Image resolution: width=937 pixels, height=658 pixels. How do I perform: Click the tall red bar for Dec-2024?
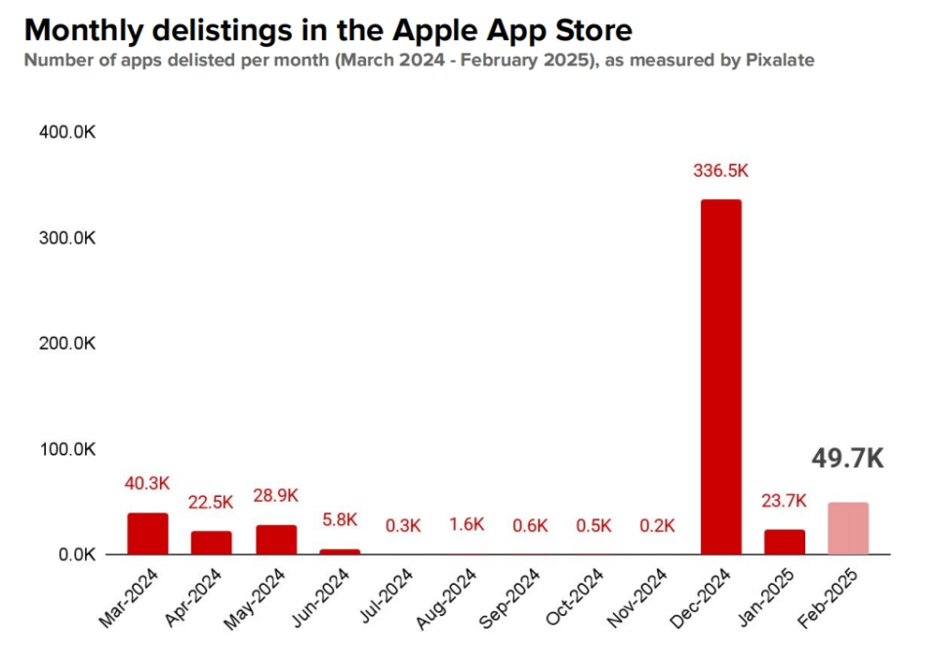(x=720, y=377)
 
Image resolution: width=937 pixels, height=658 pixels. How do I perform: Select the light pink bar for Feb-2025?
(x=847, y=528)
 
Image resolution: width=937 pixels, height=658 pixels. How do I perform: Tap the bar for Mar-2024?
(x=147, y=533)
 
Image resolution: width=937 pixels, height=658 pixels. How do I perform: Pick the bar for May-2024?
(x=276, y=539)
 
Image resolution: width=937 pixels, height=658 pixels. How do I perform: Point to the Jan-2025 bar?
(x=785, y=542)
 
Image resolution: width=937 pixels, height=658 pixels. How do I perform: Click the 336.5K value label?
(x=720, y=171)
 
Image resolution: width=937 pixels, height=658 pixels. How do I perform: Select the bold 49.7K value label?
(x=847, y=458)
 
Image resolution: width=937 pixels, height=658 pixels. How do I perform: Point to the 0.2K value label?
(x=657, y=525)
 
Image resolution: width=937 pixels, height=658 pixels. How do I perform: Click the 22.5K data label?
(x=212, y=502)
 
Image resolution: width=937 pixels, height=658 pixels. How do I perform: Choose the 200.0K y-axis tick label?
(x=66, y=344)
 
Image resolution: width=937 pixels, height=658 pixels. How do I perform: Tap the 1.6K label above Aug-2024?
(x=467, y=525)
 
